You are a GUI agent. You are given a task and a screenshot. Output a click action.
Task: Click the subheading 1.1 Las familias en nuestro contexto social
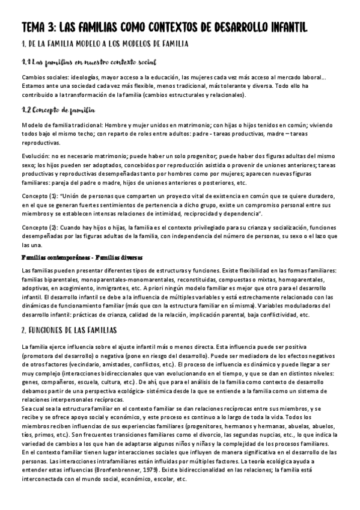(x=89, y=63)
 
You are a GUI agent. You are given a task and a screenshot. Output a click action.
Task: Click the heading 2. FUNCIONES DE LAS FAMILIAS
(x=69, y=331)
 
